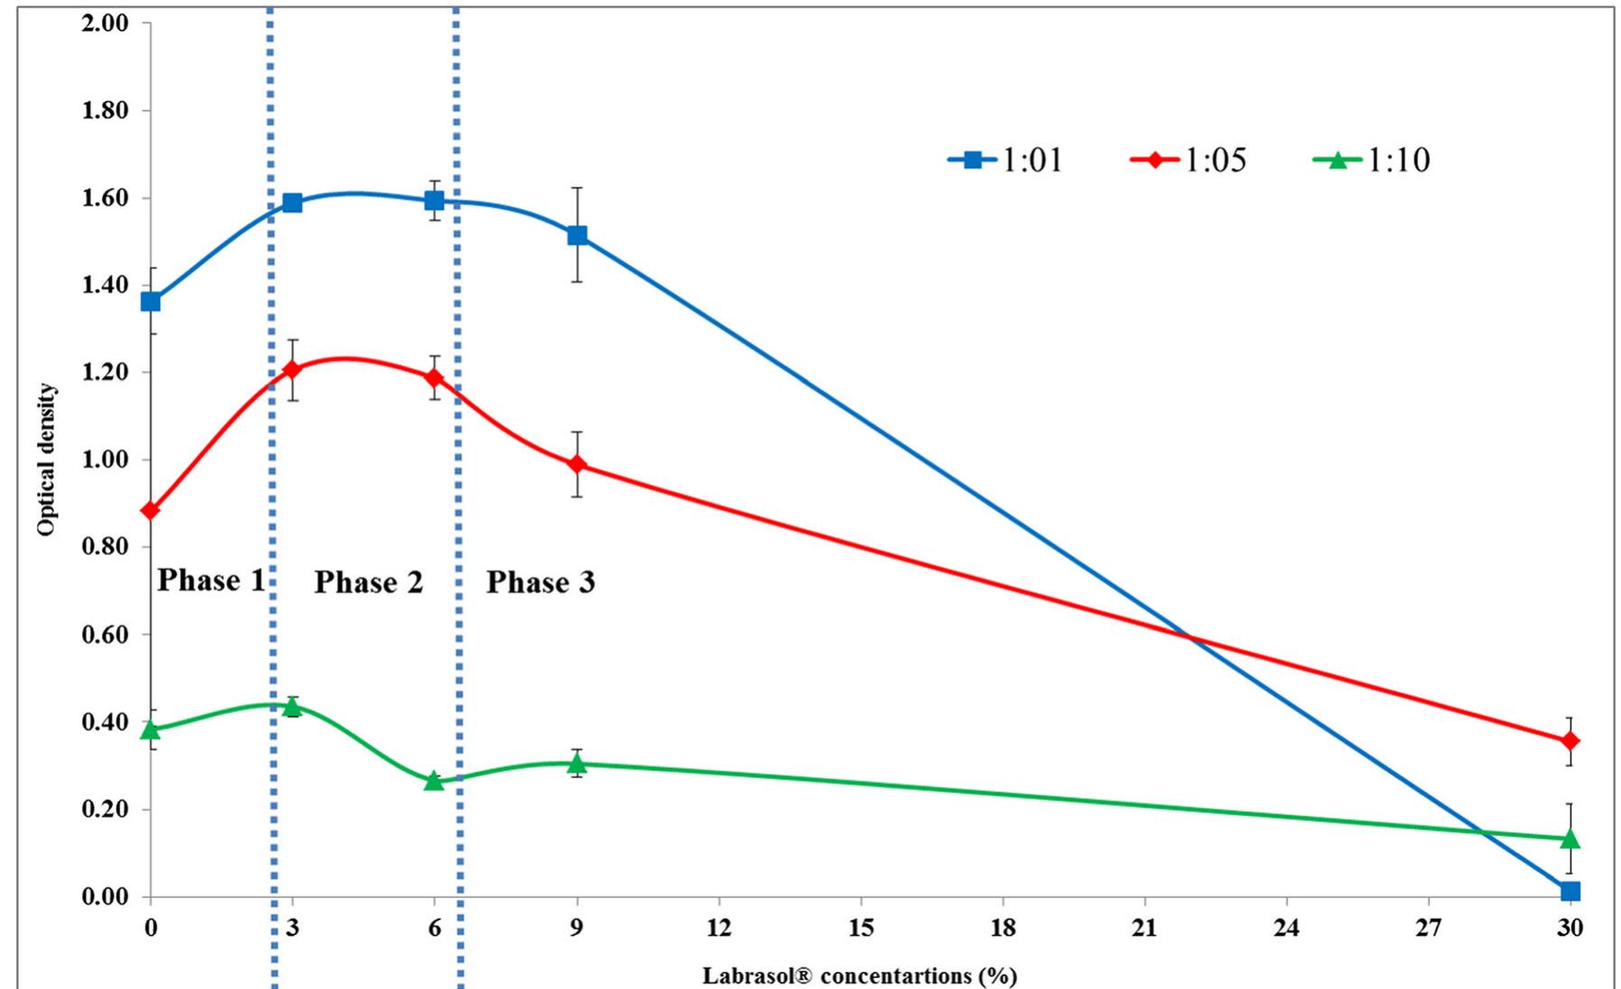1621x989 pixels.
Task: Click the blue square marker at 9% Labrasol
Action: [577, 235]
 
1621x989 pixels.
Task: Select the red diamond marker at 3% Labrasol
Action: [292, 369]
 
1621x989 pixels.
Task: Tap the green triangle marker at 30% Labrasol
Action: [1570, 838]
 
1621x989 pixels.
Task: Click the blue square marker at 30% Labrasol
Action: [1570, 891]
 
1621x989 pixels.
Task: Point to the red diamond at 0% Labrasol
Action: [151, 510]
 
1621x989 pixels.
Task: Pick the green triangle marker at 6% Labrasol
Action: [435, 780]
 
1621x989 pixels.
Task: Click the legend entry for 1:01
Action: [1006, 160]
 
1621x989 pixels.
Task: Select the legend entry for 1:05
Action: [1188, 160]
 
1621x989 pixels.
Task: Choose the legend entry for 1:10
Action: [1371, 160]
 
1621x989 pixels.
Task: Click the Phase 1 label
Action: [211, 580]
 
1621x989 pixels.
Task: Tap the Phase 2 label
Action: [368, 582]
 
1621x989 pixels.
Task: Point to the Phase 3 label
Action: [540, 582]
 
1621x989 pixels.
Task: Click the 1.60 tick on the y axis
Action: [105, 197]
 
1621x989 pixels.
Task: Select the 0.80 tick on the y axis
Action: [105, 546]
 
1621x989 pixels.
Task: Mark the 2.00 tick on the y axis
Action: [105, 23]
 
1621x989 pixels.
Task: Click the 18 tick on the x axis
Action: [1003, 927]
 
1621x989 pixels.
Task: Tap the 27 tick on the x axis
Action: [1428, 927]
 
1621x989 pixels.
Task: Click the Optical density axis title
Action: [46, 460]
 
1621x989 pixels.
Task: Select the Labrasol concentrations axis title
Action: [859, 975]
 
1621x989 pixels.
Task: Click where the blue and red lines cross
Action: [1190, 637]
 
